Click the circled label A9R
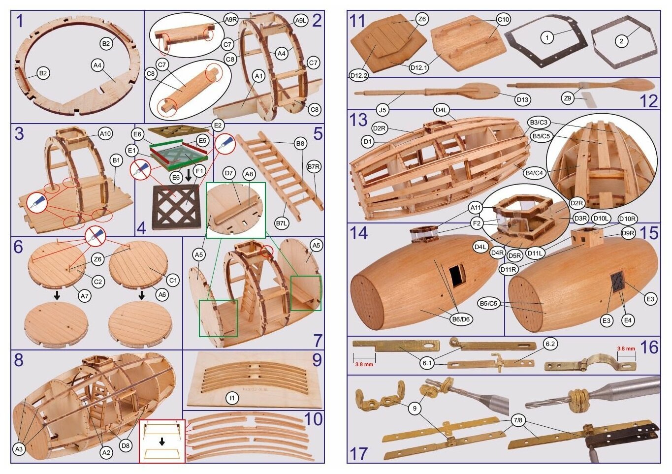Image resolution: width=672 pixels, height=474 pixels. pos(231,20)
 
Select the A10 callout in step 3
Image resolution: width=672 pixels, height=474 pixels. pos(105,134)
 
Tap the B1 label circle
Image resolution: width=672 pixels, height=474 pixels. pos(116,160)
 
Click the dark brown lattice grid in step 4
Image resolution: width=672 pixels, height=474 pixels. pos(177,207)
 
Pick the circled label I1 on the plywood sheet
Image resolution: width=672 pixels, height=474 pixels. pos(232,398)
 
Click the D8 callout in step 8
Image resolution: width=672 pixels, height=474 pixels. pos(126,445)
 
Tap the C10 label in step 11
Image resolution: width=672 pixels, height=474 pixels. pos(503,20)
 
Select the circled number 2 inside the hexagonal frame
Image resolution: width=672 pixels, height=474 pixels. pos(621,41)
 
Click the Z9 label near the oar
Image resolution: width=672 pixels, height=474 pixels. pos(567,98)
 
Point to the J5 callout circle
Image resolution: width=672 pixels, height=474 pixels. pos(382,110)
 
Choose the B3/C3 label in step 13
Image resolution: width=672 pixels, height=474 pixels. pos(539,123)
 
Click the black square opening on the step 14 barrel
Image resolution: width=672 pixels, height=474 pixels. pos(457,276)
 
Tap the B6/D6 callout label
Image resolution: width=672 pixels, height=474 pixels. pos(461,319)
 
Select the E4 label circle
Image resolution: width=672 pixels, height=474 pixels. pos(628,320)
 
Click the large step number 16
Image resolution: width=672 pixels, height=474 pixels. pos(649,347)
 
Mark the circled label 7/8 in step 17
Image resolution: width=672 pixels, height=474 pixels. pos(518,421)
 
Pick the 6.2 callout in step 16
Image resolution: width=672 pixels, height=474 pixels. pos(550,344)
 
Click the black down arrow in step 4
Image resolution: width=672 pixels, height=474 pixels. pos(189,176)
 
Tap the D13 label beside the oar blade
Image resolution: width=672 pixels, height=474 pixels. pos(523,99)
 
